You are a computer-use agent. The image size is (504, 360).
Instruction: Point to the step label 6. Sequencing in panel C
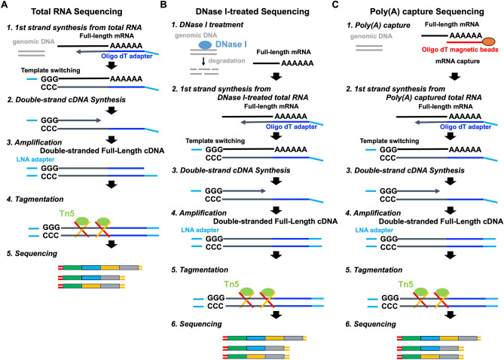376,322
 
